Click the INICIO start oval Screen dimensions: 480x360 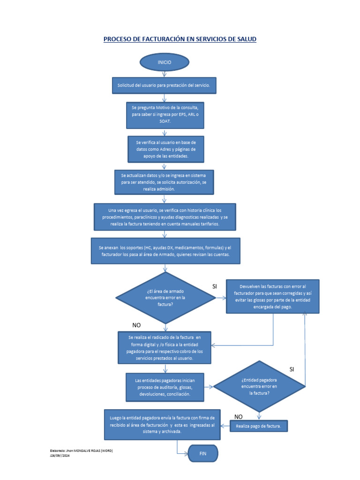point(164,62)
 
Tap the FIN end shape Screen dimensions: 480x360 point(202,454)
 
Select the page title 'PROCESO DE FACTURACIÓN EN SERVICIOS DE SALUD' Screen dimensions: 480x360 point(180,39)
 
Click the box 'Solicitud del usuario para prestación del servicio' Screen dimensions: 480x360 point(164,86)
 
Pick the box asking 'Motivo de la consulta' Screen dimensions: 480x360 point(165,114)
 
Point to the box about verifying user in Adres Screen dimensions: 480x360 point(165,149)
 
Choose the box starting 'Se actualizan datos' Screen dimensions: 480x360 point(164,182)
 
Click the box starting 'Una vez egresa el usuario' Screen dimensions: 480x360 point(165,217)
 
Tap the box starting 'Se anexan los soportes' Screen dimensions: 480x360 point(165,251)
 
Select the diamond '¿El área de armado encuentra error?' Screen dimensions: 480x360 point(165,297)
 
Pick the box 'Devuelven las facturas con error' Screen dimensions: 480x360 point(272,296)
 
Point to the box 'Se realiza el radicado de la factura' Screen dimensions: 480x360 point(165,347)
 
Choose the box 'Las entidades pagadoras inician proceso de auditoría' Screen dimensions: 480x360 point(165,387)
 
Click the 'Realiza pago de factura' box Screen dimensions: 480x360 point(259,426)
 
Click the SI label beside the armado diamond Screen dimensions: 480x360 point(215,286)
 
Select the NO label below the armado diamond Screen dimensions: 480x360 point(136,325)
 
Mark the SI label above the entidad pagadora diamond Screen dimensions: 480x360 point(292,369)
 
